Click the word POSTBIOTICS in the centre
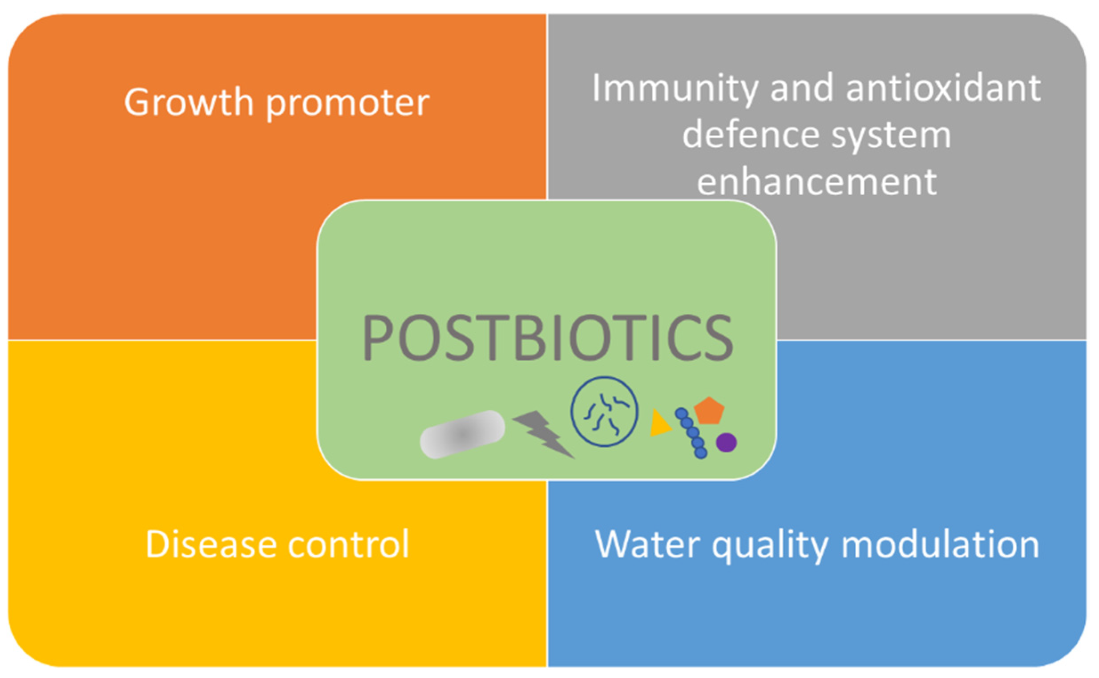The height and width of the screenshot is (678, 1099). pos(547,338)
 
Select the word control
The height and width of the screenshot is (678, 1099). pos(349,544)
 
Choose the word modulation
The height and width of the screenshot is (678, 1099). pos(940,544)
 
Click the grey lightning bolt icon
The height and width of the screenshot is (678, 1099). pos(543,434)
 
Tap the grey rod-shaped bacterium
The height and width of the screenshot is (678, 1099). pos(462,434)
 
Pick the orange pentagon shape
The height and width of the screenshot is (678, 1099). pos(709,410)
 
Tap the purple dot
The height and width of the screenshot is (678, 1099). pos(726,443)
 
